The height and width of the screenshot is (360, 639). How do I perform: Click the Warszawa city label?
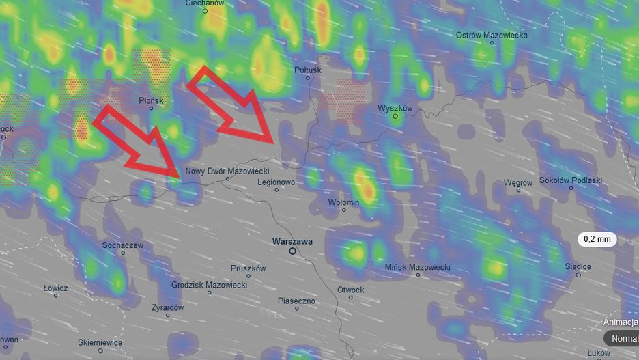(x=292, y=241)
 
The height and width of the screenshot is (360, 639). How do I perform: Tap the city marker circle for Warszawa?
(x=293, y=251)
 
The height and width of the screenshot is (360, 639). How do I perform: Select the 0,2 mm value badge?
(x=597, y=239)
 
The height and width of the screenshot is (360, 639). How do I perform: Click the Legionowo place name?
(x=276, y=182)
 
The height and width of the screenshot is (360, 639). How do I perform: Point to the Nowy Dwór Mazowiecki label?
(x=227, y=171)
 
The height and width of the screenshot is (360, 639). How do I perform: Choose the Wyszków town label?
(x=395, y=108)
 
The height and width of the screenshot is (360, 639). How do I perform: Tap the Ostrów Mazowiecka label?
(x=492, y=35)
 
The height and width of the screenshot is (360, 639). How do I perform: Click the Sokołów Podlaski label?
(x=570, y=180)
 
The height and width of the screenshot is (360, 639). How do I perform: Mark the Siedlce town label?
(x=578, y=266)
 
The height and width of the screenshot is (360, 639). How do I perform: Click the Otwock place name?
(x=351, y=290)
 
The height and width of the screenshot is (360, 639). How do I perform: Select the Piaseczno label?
(x=296, y=301)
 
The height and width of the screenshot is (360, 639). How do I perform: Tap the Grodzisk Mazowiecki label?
(x=209, y=284)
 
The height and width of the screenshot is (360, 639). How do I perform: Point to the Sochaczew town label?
(x=123, y=245)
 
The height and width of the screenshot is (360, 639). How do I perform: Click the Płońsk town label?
(x=151, y=100)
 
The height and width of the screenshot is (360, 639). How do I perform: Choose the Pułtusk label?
(x=307, y=70)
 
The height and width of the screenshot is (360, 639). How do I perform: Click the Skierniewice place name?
(x=100, y=342)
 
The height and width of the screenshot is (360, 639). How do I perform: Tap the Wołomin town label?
(x=343, y=202)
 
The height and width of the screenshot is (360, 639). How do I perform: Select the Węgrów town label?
(x=517, y=182)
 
